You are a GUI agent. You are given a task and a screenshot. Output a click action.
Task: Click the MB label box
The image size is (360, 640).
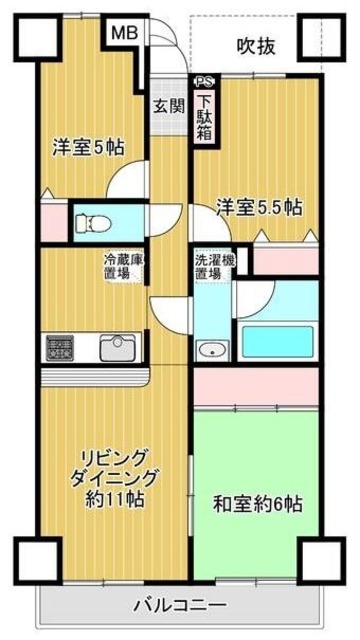pyautogui.click(x=124, y=32)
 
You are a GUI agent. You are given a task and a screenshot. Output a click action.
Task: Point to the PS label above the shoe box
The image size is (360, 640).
pyautogui.click(x=204, y=84)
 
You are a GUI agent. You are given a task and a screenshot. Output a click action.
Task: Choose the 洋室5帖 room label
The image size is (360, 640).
pyautogui.click(x=88, y=146)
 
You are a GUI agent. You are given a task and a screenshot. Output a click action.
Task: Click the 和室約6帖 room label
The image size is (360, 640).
pyautogui.click(x=257, y=503)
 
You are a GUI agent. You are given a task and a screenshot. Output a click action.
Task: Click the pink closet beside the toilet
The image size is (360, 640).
pyautogui.click(x=52, y=221)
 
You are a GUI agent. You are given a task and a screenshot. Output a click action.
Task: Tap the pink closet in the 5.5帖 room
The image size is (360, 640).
pyautogui.click(x=284, y=258)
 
